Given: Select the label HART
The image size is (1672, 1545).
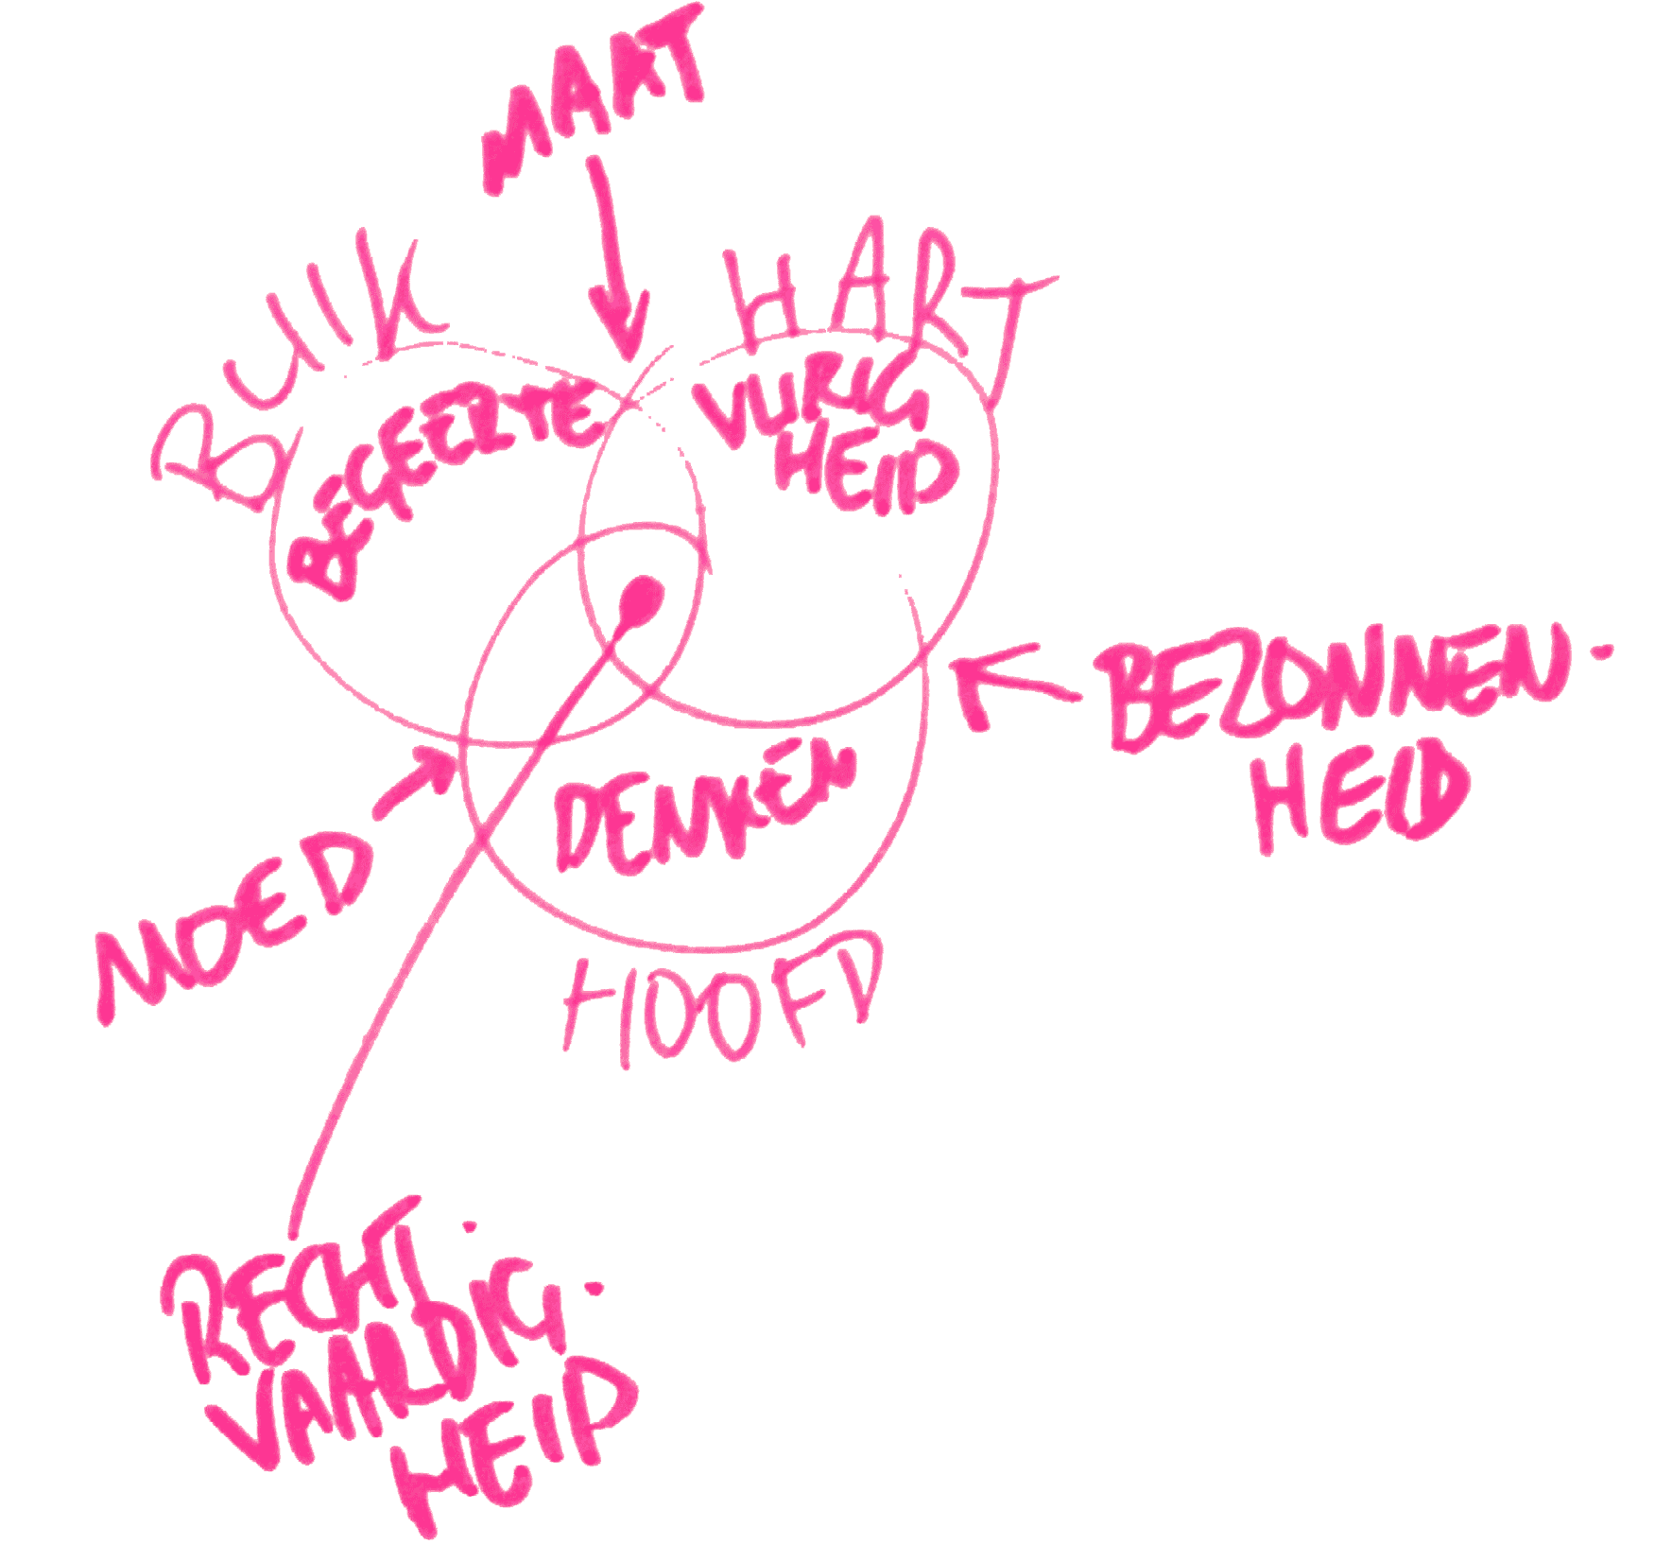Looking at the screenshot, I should [x=888, y=303].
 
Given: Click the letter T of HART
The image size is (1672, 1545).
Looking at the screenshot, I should [x=1007, y=321].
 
